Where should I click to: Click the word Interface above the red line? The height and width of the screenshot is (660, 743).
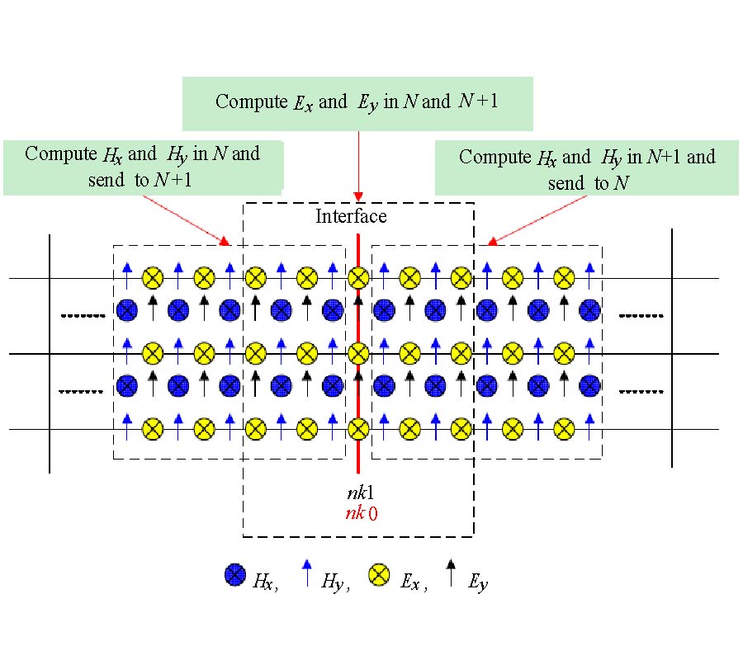[x=351, y=217]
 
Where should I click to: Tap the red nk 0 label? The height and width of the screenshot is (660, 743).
[x=362, y=513]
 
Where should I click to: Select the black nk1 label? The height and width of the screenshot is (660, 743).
[x=361, y=494]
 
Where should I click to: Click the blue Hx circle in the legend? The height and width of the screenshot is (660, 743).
[x=235, y=575]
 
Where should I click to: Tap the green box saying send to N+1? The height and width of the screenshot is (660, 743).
[x=142, y=167]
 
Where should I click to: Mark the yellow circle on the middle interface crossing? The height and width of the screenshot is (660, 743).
[x=357, y=355]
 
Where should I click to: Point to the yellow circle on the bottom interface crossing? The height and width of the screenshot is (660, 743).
[x=357, y=429]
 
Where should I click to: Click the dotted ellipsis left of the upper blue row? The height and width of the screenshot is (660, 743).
[x=83, y=315]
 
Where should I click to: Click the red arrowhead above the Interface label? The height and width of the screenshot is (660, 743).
[x=357, y=196]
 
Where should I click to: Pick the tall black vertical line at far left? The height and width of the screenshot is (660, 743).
[x=50, y=353]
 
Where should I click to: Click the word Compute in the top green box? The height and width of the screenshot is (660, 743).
[x=245, y=101]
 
